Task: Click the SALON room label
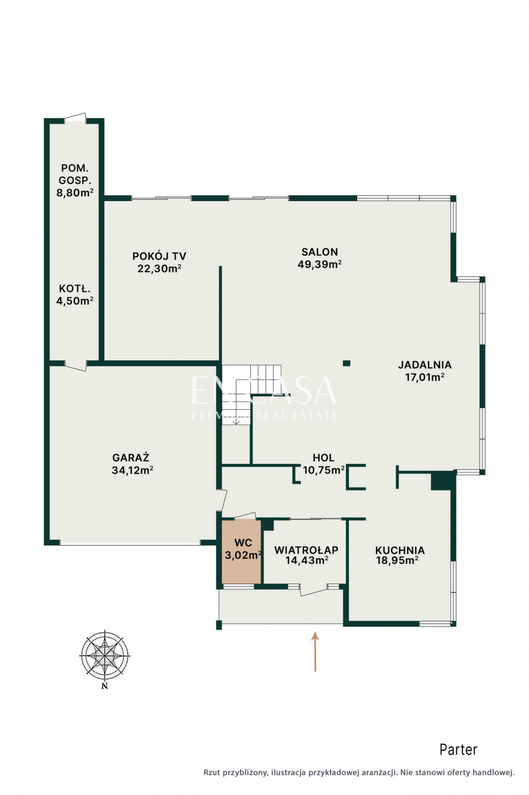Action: coord(319,252)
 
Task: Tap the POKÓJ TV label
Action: coord(159,256)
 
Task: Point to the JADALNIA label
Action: coord(425,364)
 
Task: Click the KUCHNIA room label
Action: coord(400,550)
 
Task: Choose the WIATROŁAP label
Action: coord(306,550)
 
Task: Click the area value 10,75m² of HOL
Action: coord(324,470)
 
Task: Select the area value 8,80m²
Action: coord(74,193)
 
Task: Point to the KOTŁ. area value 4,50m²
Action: coord(74,301)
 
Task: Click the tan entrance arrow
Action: coord(315,652)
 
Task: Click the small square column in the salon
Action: coord(346,363)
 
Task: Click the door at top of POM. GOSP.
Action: coord(75,118)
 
